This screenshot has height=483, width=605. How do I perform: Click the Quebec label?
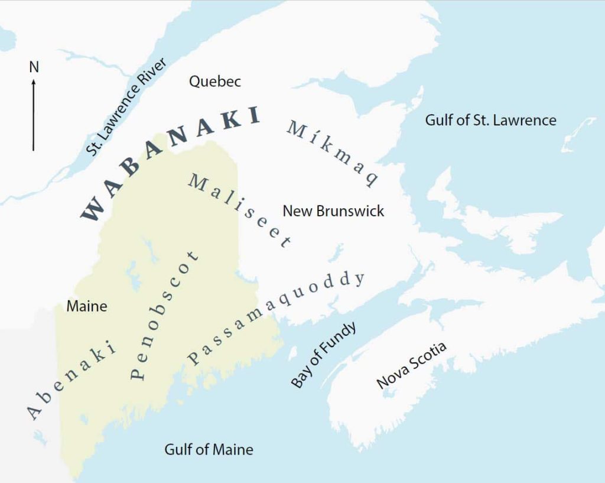[x=214, y=82]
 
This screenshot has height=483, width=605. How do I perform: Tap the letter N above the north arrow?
[x=34, y=67]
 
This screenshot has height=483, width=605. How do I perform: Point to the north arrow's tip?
[x=34, y=80]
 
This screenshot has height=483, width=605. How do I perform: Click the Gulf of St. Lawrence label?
[x=490, y=120]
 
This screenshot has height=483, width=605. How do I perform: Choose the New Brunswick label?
[x=333, y=210]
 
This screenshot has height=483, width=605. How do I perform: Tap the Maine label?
[x=87, y=306]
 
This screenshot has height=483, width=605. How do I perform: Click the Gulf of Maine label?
[x=209, y=449]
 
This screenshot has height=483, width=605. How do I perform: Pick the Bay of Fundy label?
[x=324, y=355]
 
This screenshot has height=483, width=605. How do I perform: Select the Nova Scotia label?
[x=411, y=366]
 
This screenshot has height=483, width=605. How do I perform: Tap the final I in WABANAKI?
[x=254, y=115]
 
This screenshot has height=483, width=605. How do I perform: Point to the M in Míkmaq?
[x=295, y=128]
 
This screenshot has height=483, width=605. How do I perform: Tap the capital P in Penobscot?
[x=136, y=372]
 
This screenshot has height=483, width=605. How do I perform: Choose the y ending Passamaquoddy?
[x=359, y=278]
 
